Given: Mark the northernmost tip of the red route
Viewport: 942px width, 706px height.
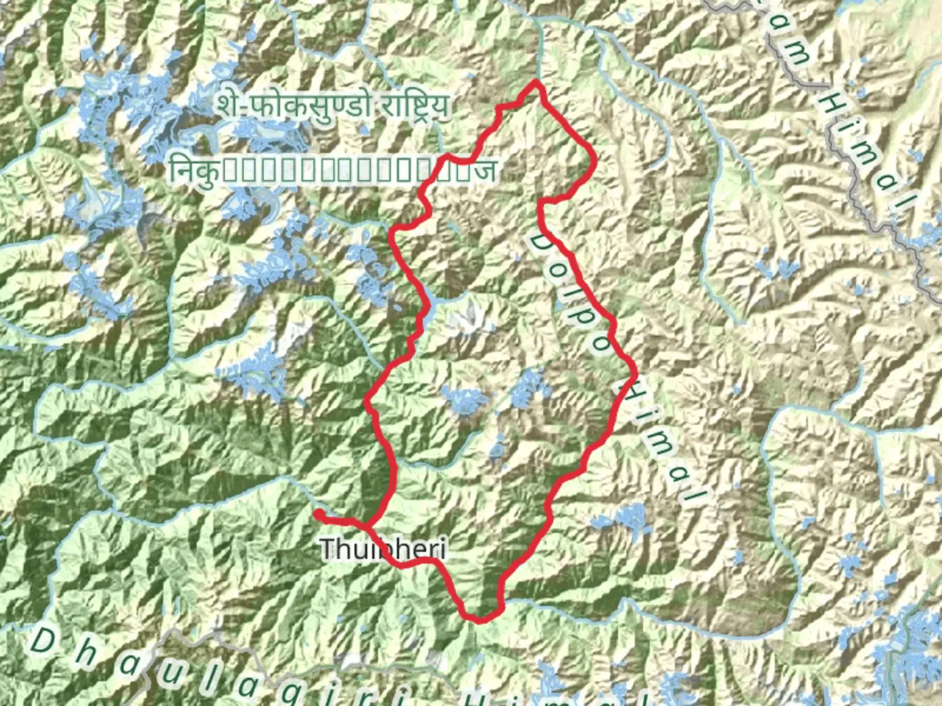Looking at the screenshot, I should (536, 82).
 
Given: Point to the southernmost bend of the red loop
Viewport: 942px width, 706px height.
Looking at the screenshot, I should (481, 618).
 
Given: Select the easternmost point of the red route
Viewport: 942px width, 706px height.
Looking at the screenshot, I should (634, 374).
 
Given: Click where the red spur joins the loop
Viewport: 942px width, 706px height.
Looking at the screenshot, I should (370, 525).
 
